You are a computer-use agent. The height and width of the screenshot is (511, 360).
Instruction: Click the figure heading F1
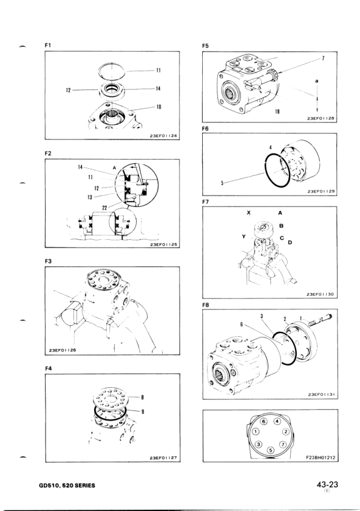47,46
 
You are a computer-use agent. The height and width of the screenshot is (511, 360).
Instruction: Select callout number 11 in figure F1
158,70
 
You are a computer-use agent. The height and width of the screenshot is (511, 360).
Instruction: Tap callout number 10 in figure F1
158,107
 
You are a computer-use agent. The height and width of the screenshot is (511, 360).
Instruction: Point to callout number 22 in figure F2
105,208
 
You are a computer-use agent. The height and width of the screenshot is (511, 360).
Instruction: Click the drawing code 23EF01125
163,244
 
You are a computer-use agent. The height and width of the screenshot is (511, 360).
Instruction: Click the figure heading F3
48,262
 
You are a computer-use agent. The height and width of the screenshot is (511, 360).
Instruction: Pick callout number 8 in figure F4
142,397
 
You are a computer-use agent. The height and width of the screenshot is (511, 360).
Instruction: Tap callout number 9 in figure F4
142,411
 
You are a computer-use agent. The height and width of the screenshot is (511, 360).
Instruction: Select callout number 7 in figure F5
323,59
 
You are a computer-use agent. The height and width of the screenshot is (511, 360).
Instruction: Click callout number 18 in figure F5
277,112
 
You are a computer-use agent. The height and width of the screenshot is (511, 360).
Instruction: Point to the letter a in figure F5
317,81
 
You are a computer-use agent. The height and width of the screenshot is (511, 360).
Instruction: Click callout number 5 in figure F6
222,183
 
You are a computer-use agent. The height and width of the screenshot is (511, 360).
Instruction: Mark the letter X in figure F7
249,213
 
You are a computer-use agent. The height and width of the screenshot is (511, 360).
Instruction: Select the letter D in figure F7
290,243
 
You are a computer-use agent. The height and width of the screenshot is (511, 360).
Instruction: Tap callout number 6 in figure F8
241,324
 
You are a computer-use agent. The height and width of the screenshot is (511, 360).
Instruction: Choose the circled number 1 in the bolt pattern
257,432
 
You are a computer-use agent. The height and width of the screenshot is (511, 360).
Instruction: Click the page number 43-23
327,485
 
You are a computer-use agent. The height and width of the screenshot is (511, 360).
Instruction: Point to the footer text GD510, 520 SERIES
67,486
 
